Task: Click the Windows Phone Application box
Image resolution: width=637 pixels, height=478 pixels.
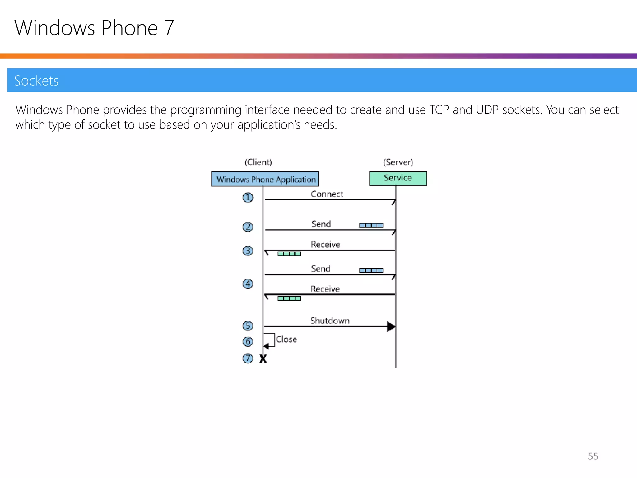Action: pyautogui.click(x=265, y=179)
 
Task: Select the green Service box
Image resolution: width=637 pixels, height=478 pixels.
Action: pyautogui.click(x=398, y=178)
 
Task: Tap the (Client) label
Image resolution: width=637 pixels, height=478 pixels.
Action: pyautogui.click(x=258, y=162)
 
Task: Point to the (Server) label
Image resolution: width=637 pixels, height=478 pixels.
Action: pyautogui.click(x=398, y=162)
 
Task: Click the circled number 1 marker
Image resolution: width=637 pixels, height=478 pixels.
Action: pyautogui.click(x=248, y=198)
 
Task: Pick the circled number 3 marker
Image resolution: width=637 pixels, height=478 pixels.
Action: pyautogui.click(x=248, y=251)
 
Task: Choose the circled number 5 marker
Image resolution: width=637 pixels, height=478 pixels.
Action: pyautogui.click(x=248, y=326)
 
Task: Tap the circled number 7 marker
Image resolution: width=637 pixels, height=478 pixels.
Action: pyautogui.click(x=248, y=358)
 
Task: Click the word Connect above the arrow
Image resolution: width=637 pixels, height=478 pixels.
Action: pyautogui.click(x=327, y=194)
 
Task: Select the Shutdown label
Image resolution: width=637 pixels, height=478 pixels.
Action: pyautogui.click(x=330, y=321)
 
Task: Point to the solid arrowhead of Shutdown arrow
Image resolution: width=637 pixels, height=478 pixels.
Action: pyautogui.click(x=391, y=327)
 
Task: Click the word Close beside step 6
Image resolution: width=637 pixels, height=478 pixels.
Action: pyautogui.click(x=286, y=339)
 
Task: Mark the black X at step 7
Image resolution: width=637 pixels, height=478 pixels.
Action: pyautogui.click(x=263, y=359)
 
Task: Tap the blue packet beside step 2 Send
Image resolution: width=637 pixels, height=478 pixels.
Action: pyautogui.click(x=371, y=225)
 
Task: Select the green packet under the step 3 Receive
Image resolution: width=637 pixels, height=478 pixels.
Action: pyautogui.click(x=289, y=254)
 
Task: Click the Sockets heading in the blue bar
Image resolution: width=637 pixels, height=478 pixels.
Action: pyautogui.click(x=36, y=81)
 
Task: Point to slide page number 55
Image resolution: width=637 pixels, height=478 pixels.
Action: pyautogui.click(x=593, y=456)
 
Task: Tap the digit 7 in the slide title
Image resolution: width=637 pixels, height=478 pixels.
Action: pyautogui.click(x=169, y=28)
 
